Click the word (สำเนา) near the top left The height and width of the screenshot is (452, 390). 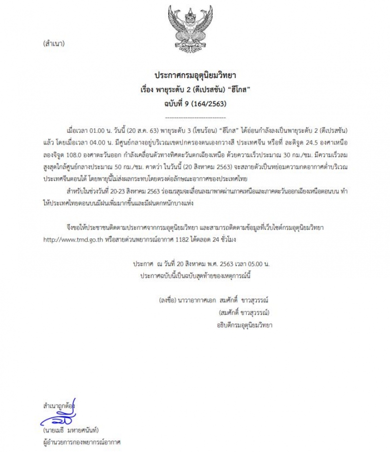(53, 43)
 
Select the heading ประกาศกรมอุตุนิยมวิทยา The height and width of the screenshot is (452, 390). (195, 77)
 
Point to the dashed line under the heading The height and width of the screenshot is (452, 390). (195, 118)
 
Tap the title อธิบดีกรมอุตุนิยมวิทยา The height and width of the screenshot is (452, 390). (245, 325)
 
